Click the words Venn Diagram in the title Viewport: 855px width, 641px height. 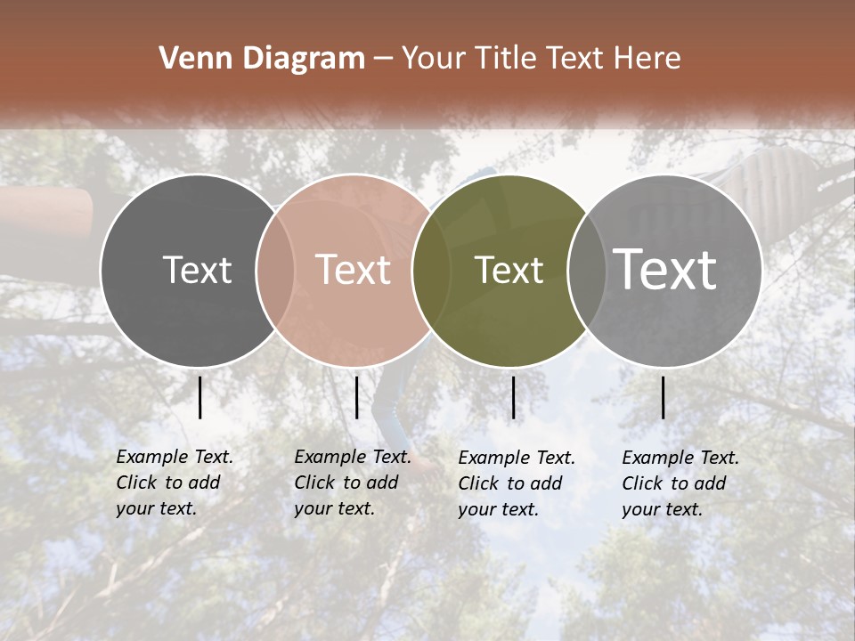[262, 59]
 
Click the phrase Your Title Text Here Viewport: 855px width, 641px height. [541, 59]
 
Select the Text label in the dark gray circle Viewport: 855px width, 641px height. [197, 270]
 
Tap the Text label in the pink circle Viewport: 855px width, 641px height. [354, 270]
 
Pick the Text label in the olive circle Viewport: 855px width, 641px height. [509, 270]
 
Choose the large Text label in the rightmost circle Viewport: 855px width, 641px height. [665, 269]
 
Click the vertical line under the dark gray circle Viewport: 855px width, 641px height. [199, 397]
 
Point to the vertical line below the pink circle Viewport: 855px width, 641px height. [356, 397]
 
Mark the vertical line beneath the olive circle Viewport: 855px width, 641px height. [513, 397]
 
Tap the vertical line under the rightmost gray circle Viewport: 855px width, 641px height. [663, 397]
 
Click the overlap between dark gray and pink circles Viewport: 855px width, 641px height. [275, 270]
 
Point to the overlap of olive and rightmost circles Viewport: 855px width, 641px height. [586, 270]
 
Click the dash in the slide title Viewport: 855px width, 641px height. [383, 59]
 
